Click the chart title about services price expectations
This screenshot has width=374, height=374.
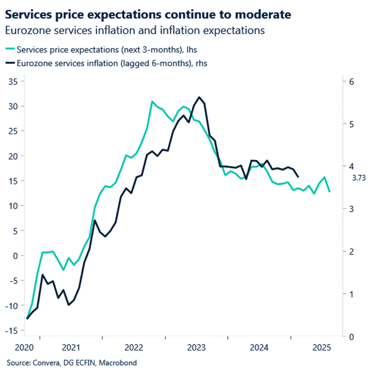click(x=148, y=15)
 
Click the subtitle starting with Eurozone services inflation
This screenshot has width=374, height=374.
click(x=135, y=30)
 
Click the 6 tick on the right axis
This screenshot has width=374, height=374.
click(x=351, y=82)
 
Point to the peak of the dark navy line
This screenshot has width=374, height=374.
click(x=199, y=97)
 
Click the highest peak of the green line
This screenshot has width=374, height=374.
click(x=152, y=101)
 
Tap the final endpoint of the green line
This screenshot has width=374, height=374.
click(x=330, y=192)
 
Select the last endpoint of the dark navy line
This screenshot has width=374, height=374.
click(x=298, y=177)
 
